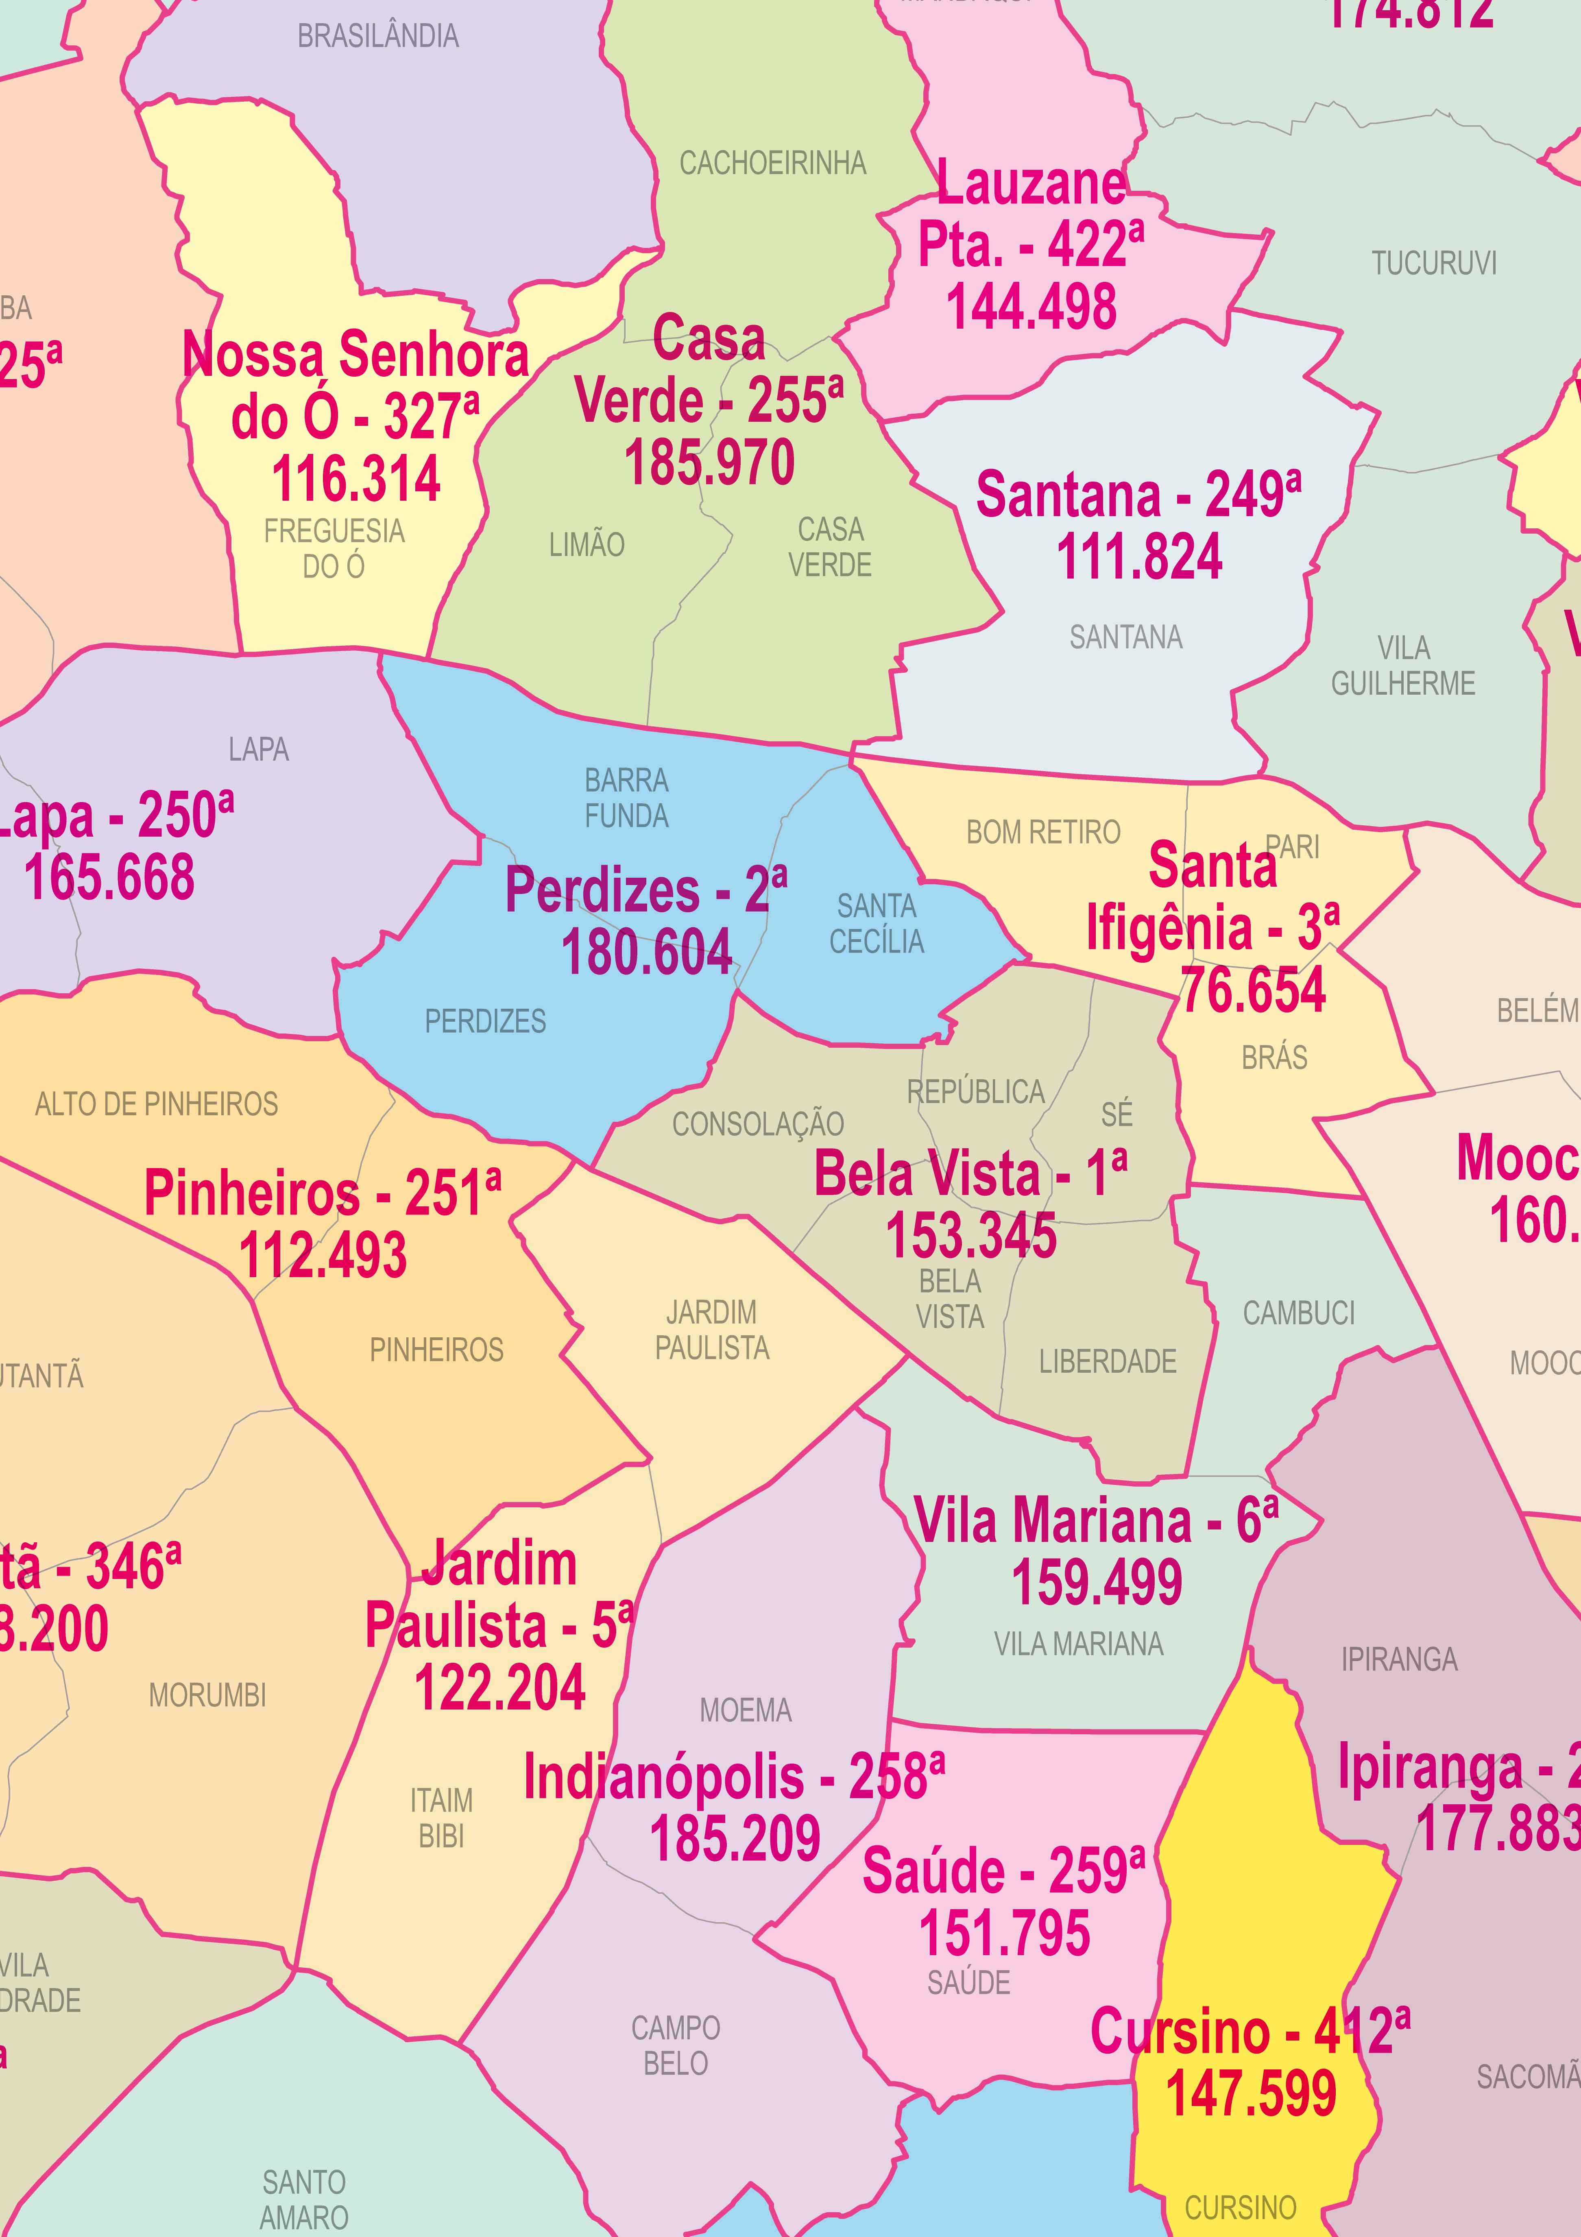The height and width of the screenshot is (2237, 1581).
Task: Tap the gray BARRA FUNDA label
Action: (x=626, y=798)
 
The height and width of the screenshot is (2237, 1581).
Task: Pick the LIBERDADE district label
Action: (x=1108, y=1361)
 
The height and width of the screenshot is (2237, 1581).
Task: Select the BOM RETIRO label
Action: (x=1043, y=833)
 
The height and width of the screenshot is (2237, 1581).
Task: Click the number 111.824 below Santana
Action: (x=1139, y=557)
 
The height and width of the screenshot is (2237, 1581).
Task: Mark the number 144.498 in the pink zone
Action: (x=1031, y=307)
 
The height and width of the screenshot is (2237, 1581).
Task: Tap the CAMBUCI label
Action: (x=1298, y=1313)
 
